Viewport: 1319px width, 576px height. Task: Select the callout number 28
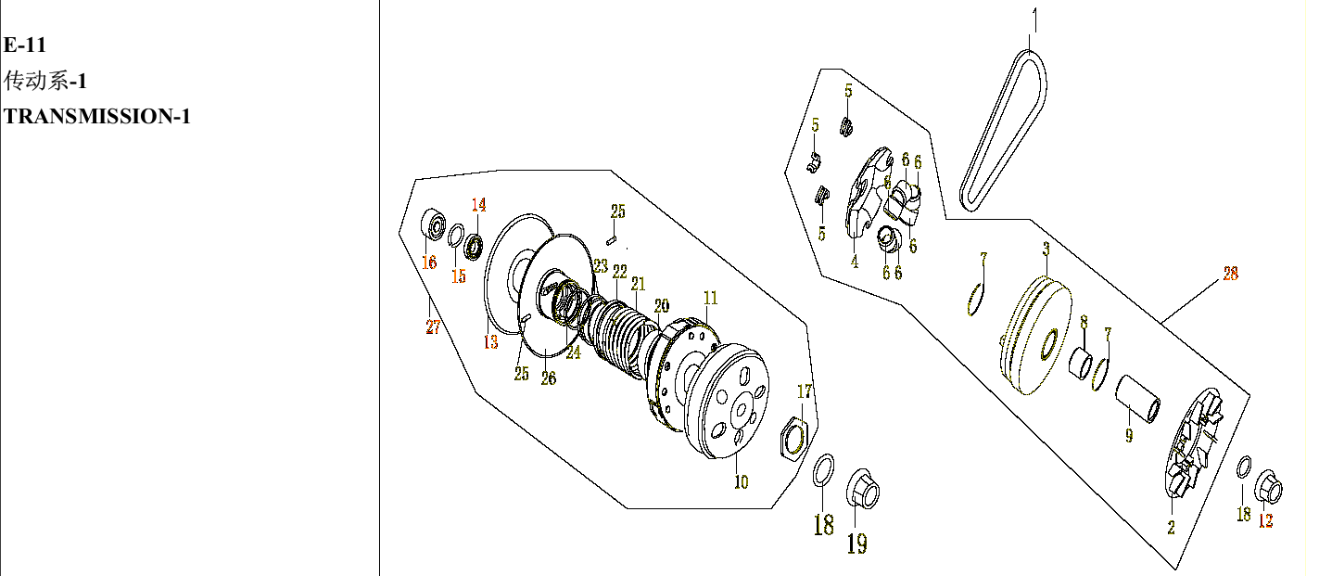(1230, 274)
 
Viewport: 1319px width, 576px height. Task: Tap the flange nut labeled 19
(862, 489)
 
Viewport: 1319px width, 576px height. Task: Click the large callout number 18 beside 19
(823, 525)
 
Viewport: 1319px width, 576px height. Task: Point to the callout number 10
(741, 482)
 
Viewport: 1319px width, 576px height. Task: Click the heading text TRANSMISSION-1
(97, 117)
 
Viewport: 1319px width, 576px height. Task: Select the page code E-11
(25, 46)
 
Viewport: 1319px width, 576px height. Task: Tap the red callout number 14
(478, 205)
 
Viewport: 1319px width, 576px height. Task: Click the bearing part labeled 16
(433, 225)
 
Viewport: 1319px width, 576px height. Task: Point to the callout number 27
(433, 326)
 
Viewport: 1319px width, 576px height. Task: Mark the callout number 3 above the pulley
(1046, 250)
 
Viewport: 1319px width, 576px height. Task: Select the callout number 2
(1171, 528)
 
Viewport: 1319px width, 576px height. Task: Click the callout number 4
(855, 262)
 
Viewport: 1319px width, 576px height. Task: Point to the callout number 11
(710, 299)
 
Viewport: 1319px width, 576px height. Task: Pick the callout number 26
(549, 378)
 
